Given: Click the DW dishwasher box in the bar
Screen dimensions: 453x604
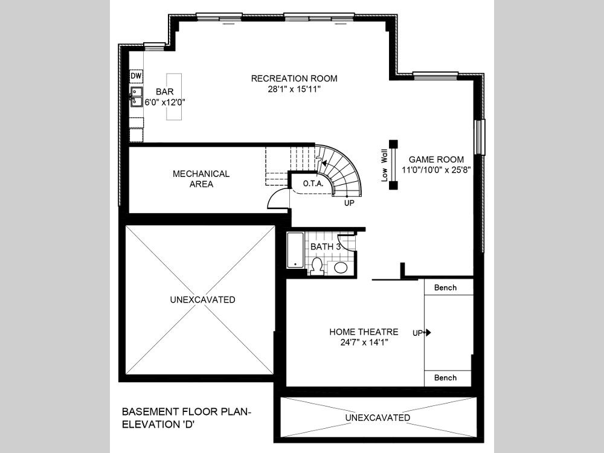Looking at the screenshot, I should (136, 76).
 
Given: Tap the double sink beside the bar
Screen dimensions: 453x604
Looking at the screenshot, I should (137, 97).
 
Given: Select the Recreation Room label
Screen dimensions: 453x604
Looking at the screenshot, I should (294, 79).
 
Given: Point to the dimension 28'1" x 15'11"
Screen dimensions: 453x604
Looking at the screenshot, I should (294, 89).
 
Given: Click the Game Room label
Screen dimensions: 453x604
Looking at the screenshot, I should (436, 159).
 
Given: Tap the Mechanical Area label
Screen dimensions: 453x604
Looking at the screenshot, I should (201, 179).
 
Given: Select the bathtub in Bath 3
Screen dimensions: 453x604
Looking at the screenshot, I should (294, 249).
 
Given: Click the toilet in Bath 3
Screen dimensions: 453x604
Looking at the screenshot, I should (316, 266).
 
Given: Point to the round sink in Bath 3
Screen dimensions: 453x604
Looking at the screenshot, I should (341, 268).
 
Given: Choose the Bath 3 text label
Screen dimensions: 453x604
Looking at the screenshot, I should (326, 246).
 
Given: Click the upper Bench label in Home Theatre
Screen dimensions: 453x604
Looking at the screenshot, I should (445, 288).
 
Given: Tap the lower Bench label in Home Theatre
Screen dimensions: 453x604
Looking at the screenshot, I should (445, 378).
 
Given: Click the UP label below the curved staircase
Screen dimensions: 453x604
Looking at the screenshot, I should (349, 204).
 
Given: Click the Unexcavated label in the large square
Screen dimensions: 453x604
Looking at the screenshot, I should (202, 300).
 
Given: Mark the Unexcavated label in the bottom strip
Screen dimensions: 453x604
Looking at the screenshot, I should (377, 418).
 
